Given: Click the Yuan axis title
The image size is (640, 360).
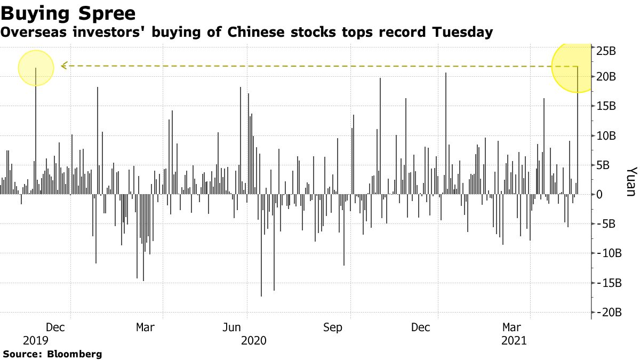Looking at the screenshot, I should coord(630,181).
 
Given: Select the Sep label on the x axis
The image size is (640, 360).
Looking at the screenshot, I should coord(333,327).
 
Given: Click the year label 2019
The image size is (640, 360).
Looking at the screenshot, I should coord(36,340).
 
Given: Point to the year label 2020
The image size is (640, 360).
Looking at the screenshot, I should coord(254,340).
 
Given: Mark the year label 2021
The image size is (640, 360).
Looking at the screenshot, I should coord(514,340).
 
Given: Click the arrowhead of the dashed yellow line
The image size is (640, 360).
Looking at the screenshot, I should coord(63,66).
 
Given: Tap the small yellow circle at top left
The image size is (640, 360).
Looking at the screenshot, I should coord(36,68).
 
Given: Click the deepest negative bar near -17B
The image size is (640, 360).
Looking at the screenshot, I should coord(261,245).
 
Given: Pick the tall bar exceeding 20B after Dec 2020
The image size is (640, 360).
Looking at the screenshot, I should coord(445,133).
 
